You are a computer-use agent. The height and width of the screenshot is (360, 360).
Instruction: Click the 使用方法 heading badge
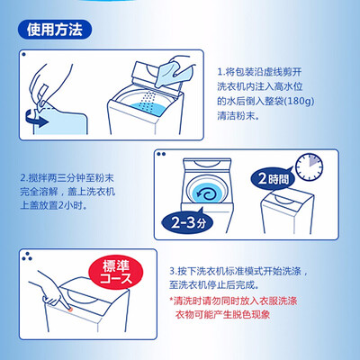[x=54, y=30]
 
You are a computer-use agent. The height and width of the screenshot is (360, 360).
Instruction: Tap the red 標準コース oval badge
[x=116, y=272]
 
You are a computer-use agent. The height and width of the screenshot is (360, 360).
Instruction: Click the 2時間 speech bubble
[x=273, y=179]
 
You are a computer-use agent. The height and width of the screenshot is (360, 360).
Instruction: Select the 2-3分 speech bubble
[x=188, y=222]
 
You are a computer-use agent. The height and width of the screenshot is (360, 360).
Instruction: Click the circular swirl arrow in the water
[x=206, y=194]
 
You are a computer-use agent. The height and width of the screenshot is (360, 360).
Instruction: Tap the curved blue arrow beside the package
[x=36, y=119]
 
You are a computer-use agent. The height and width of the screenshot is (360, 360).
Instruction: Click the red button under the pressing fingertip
[x=69, y=309]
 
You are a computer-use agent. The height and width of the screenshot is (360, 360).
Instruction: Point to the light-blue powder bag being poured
[x=174, y=74]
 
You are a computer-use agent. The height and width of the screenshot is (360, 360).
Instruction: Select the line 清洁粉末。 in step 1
[x=238, y=116]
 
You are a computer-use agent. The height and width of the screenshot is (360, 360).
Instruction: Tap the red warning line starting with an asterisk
[x=233, y=301]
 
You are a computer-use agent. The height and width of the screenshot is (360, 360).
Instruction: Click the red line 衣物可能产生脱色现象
[x=222, y=315]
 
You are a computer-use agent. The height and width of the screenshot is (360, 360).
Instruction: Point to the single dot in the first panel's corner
[x=23, y=55]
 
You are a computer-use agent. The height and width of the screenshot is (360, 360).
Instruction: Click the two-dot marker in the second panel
[x=161, y=154]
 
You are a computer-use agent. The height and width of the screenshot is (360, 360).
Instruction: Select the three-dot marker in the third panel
[x=27, y=256]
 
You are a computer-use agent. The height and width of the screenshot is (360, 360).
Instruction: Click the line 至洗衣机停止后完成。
[x=214, y=285]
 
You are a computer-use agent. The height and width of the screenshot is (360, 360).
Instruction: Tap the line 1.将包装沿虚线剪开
[x=259, y=72]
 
